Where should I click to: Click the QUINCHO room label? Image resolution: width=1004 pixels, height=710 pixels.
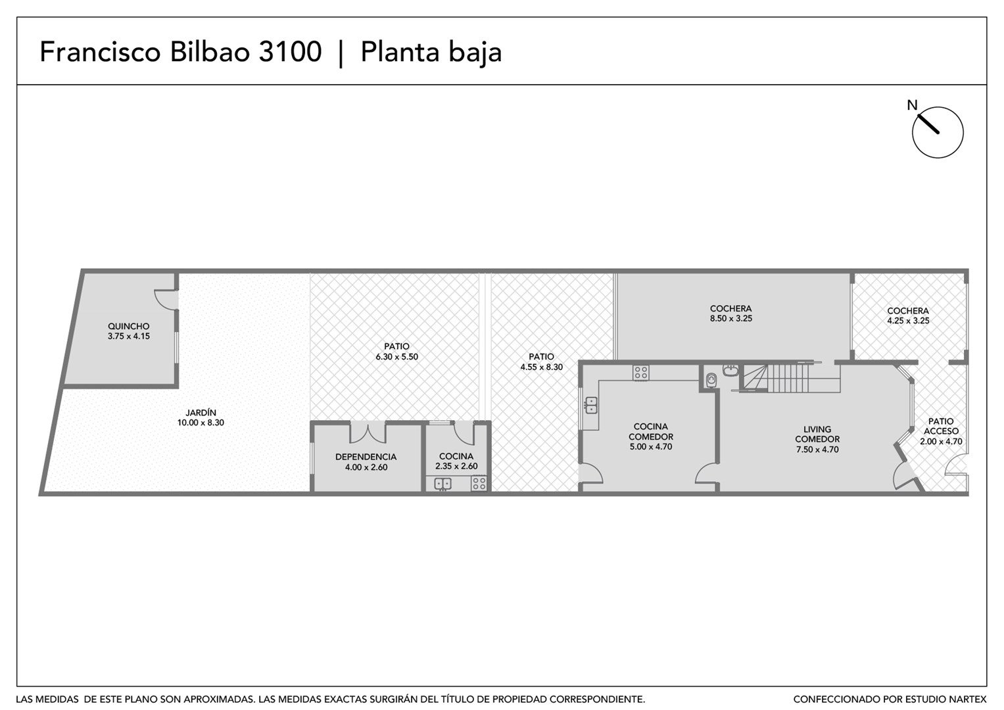[x=129, y=326]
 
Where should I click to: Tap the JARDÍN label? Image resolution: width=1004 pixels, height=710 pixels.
[x=201, y=413]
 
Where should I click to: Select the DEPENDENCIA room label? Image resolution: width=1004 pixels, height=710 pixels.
[x=366, y=457]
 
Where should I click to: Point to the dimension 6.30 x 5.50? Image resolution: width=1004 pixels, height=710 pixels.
[x=396, y=357]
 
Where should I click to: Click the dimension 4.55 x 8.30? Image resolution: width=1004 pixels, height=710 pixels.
[x=541, y=367]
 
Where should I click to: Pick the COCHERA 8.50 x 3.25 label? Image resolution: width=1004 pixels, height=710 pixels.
[x=731, y=314]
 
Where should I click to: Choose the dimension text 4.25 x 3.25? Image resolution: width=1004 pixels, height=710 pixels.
[x=908, y=321]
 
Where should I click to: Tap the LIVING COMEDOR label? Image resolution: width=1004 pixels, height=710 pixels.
[x=817, y=435]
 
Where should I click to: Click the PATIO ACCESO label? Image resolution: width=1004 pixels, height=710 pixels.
[x=942, y=426]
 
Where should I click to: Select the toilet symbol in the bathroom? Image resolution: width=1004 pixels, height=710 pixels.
[x=711, y=381]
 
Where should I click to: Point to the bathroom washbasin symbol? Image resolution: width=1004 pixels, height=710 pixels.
[x=730, y=370]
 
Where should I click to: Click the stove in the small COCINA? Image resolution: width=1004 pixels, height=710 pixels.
[x=479, y=483]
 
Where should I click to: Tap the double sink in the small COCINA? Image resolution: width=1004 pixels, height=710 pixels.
[x=442, y=484]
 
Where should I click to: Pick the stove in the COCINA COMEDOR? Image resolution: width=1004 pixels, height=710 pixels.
[x=641, y=373]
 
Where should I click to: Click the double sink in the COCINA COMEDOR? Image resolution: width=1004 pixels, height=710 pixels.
[x=590, y=405]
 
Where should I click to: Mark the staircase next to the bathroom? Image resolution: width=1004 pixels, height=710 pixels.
[x=790, y=377]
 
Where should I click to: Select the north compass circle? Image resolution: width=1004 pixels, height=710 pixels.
[x=938, y=132]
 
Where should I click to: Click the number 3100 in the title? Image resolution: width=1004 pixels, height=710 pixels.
[x=291, y=51]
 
